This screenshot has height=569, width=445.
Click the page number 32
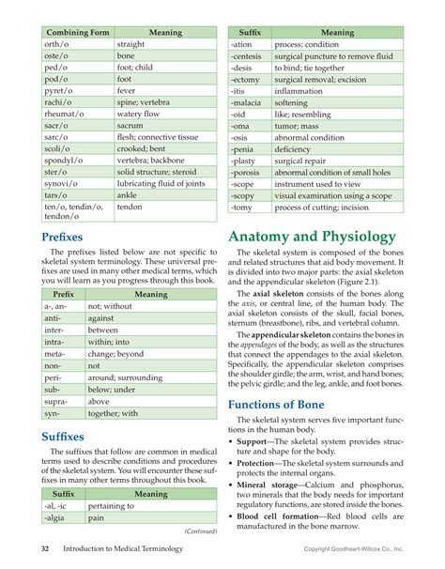(x=45, y=547)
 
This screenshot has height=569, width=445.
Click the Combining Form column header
(x=75, y=32)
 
